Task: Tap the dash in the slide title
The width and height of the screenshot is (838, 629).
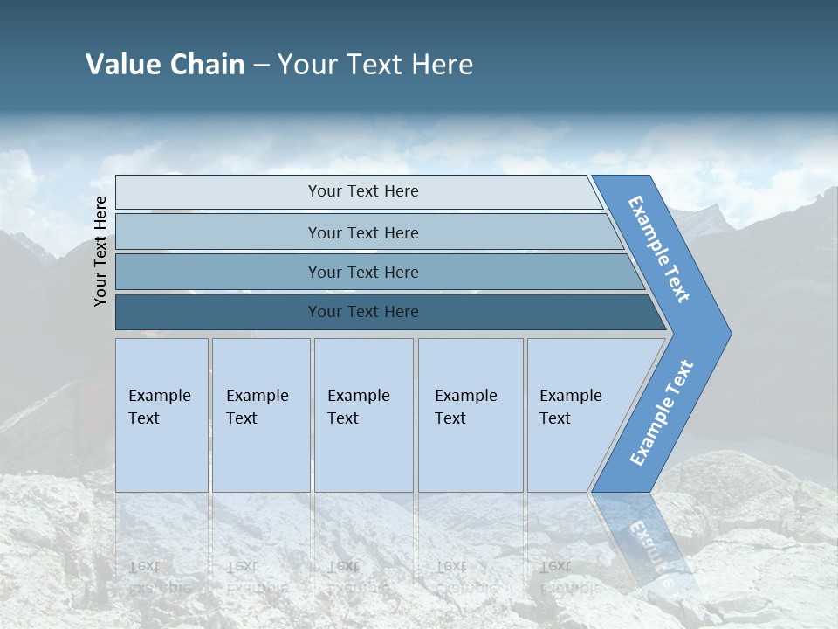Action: click(x=261, y=66)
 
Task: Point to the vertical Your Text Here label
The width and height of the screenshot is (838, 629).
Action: click(x=100, y=251)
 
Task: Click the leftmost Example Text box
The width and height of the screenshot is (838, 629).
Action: click(x=161, y=415)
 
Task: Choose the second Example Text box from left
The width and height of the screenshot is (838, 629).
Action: click(x=261, y=415)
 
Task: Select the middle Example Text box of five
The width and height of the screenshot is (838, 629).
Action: click(x=363, y=415)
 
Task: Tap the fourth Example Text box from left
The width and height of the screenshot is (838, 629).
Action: click(x=471, y=415)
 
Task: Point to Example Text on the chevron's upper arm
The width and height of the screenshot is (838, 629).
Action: click(x=659, y=249)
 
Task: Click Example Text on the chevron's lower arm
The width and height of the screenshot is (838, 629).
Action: click(x=662, y=413)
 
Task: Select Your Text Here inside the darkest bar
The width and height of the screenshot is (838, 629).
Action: click(x=363, y=312)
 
